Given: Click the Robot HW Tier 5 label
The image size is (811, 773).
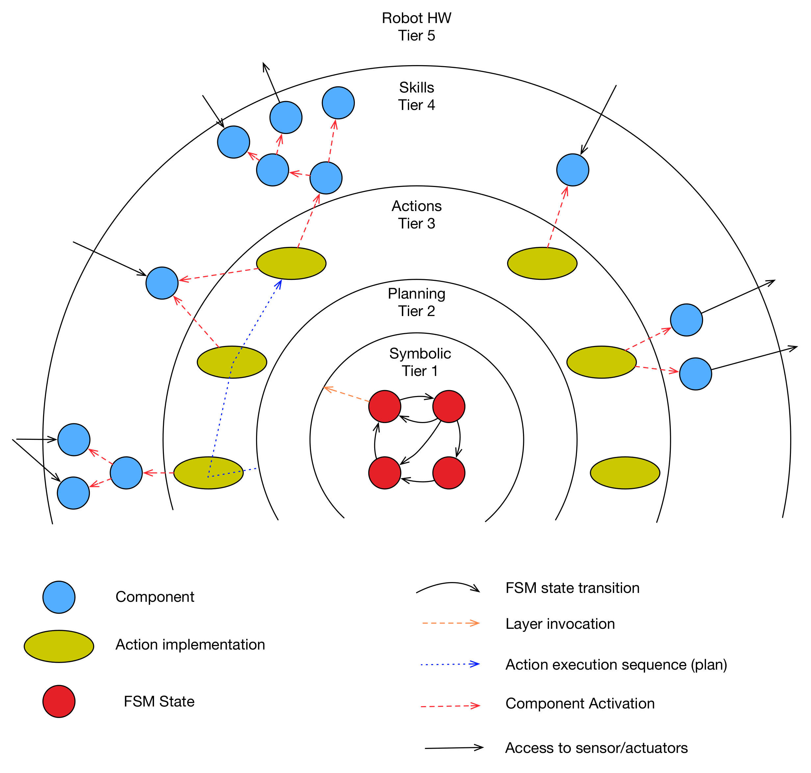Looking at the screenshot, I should (x=416, y=27).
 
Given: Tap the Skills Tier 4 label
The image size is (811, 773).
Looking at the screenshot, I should (x=416, y=96).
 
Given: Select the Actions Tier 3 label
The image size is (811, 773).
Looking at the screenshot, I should (x=416, y=215).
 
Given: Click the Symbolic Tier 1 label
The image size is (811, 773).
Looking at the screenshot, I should (x=420, y=362).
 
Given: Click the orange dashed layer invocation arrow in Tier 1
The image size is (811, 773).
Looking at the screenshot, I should (x=346, y=394).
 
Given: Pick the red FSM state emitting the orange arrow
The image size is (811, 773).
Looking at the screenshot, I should (x=385, y=406).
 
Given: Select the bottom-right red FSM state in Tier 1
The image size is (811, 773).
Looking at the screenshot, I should (x=449, y=473).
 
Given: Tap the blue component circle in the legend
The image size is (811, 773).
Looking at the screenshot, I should (x=59, y=597).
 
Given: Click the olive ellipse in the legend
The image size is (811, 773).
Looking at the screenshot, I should (x=59, y=646).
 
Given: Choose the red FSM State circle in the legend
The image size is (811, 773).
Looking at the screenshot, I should (x=59, y=701).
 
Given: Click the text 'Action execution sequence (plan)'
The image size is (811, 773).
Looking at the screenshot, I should (x=616, y=665).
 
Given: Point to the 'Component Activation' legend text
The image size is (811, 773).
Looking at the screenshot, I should (x=580, y=703).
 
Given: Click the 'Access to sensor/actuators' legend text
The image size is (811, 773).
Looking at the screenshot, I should (x=596, y=748).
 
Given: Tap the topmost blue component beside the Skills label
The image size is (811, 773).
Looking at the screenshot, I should (x=338, y=103).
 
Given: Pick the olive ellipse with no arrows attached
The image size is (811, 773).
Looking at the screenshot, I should (x=625, y=473).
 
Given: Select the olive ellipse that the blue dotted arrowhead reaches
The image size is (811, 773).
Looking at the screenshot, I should (x=291, y=263).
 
